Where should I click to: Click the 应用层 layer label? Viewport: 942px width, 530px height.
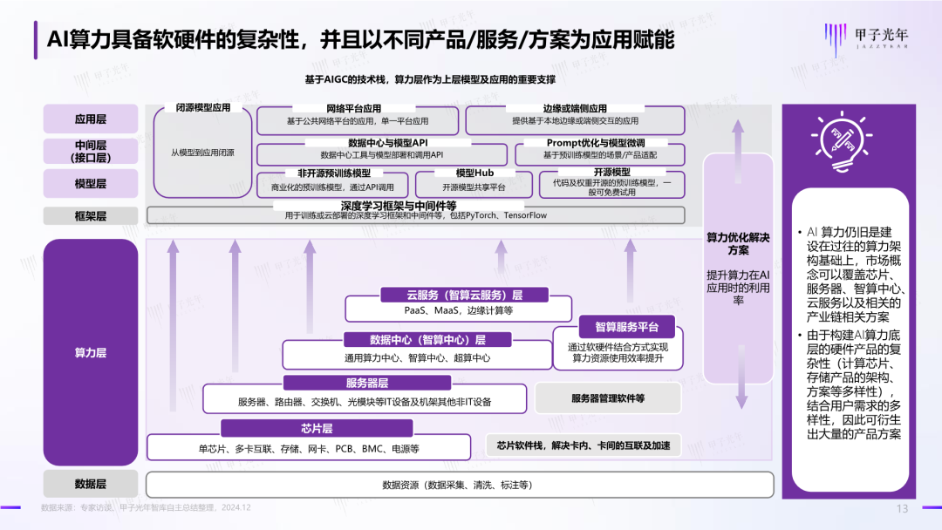[91, 119]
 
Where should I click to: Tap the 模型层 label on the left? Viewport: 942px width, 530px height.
[91, 184]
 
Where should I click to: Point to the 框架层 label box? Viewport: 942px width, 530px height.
[91, 215]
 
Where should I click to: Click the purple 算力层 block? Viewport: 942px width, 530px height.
[91, 352]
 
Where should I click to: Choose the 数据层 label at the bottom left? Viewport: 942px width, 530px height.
[91, 484]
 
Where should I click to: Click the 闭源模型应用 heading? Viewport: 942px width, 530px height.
[203, 108]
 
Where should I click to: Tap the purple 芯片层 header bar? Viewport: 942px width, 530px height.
[316, 428]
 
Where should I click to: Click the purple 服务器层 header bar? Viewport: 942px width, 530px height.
[367, 383]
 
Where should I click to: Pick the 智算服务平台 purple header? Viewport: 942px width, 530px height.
[614, 328]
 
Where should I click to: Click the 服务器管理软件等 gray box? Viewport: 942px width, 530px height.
[608, 398]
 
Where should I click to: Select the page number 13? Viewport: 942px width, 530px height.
[903, 509]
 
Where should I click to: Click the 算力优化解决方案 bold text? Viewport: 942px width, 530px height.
[738, 243]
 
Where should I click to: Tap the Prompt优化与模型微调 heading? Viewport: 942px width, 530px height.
[596, 142]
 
